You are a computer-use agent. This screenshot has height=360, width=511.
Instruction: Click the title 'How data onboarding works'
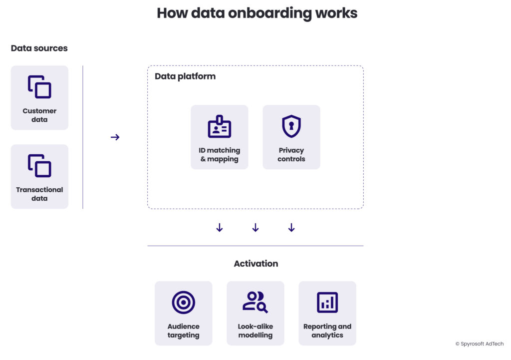257,13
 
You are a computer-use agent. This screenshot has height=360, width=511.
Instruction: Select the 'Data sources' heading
39,48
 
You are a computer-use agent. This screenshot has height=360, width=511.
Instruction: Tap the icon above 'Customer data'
39,87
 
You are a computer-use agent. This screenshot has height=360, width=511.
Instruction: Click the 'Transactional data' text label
39,194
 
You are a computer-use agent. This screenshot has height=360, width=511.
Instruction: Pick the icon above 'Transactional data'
39,166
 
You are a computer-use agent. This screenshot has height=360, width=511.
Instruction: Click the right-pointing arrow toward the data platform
115,137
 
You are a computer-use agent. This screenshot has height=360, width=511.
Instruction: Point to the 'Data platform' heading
185,76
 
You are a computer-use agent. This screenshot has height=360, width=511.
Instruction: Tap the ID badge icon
220,127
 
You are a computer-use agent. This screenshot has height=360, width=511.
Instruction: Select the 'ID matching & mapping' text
220,155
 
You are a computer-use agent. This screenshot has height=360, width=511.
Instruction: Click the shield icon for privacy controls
291,126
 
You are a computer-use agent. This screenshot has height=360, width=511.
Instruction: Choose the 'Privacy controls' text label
291,155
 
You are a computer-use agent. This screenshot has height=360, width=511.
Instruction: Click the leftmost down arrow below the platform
220,228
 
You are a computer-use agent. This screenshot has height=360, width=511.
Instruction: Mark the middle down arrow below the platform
255,228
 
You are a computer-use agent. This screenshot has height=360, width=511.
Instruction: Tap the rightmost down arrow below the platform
291,228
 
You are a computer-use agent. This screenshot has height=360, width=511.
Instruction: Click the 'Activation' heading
256,264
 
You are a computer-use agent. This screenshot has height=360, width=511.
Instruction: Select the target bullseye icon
183,303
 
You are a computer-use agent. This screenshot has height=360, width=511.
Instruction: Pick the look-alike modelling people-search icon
255,302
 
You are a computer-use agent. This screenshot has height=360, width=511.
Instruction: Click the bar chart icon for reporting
327,303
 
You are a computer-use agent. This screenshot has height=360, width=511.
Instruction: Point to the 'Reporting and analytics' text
327,331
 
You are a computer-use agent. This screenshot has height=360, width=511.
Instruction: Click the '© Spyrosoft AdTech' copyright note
480,344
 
